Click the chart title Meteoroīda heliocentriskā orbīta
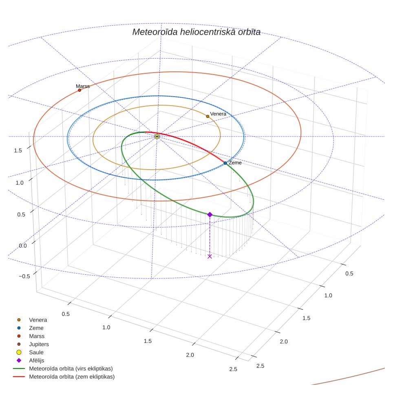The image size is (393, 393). click(196, 32)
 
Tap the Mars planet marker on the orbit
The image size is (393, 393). click(79, 90)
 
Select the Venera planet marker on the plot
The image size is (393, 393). click(208, 116)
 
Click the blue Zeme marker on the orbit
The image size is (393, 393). click(225, 163)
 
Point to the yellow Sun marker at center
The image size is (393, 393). click(157, 137)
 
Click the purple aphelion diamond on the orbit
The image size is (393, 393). click(210, 214)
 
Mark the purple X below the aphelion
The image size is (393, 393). click(210, 256)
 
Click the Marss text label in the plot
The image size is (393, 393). click(83, 86)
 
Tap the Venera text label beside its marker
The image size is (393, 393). click(218, 114)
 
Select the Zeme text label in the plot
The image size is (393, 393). click(235, 163)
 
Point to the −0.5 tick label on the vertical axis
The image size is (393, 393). click(24, 276)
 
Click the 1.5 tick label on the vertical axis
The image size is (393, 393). click(18, 150)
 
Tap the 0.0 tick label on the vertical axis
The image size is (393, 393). click(23, 245)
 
